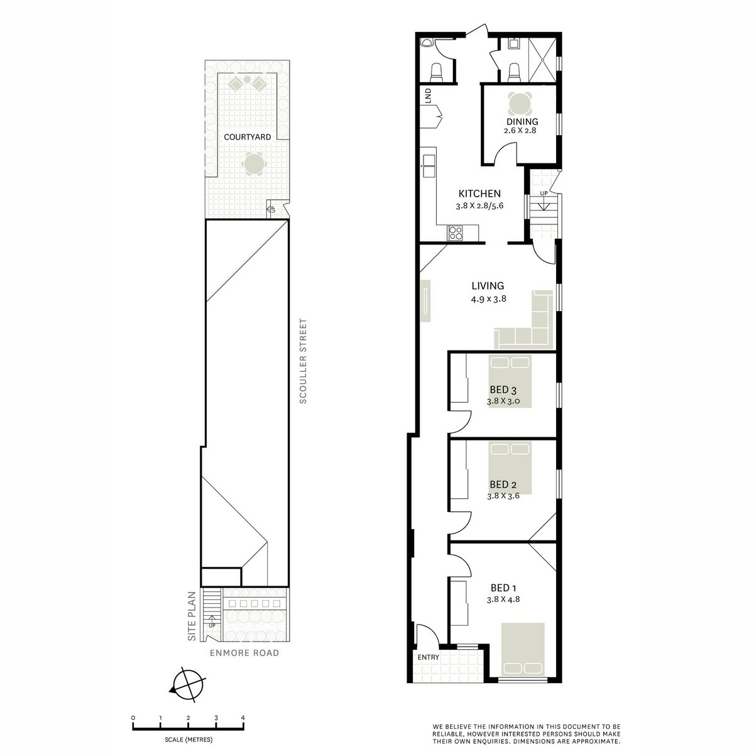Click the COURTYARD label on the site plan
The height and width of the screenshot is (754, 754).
pyautogui.click(x=247, y=136)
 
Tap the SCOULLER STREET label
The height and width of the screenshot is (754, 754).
pyautogui.click(x=303, y=361)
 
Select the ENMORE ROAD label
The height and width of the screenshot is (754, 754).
pyautogui.click(x=244, y=653)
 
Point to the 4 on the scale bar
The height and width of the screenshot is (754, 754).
pyautogui.click(x=243, y=717)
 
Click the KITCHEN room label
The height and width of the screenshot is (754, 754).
pyautogui.click(x=479, y=194)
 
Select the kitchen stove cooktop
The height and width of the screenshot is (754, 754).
pyautogui.click(x=456, y=232)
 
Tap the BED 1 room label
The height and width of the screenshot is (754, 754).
pyautogui.click(x=503, y=588)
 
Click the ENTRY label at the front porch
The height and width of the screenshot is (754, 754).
pyautogui.click(x=428, y=657)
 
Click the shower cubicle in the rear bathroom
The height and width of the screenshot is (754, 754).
pyautogui.click(x=541, y=60)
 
